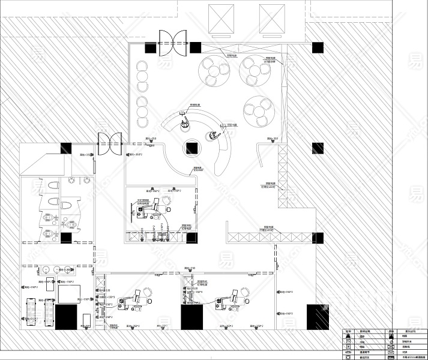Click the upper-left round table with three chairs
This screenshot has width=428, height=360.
point(214,71)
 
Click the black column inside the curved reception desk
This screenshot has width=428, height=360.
point(193,148)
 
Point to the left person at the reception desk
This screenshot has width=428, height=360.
point(183,124)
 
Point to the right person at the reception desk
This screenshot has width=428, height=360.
point(212,136)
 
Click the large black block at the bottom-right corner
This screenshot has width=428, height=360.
point(318,317)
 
